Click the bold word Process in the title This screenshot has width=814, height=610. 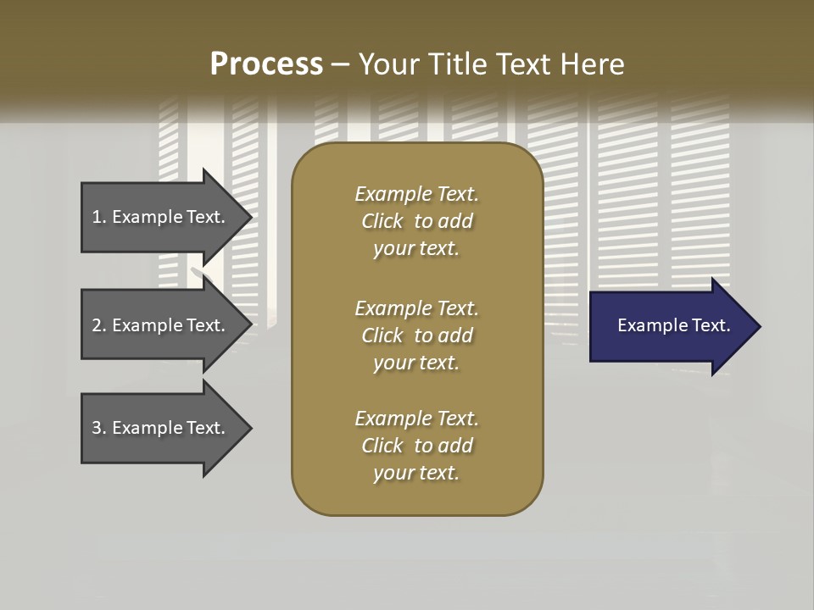[x=266, y=64]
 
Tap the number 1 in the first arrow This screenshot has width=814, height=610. [x=97, y=217]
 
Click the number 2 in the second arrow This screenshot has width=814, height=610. [x=97, y=325]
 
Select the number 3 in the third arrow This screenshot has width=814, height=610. [x=97, y=428]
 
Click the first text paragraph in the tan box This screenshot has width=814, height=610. [x=416, y=221]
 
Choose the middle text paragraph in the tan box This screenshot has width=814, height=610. [x=416, y=335]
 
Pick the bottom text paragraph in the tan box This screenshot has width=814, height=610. [x=416, y=446]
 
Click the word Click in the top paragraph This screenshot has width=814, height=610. [x=382, y=221]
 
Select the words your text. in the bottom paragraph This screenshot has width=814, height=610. [x=416, y=474]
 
